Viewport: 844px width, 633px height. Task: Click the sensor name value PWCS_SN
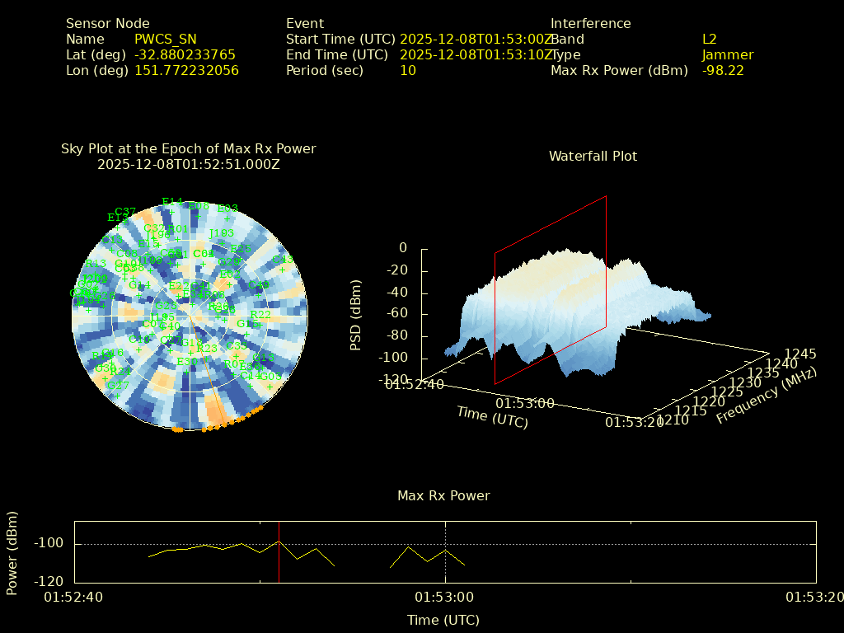166,39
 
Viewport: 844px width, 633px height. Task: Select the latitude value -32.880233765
185,54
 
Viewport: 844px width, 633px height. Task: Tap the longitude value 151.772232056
186,70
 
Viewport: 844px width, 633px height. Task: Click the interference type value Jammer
728,54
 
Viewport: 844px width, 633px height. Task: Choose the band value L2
710,39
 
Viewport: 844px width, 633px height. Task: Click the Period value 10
408,70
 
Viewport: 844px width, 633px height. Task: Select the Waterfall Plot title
593,156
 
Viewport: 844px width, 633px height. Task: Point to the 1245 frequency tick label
800,354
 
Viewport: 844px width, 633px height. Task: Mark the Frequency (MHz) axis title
767,396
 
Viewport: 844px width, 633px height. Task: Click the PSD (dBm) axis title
356,314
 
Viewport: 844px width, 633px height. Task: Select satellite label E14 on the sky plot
172,202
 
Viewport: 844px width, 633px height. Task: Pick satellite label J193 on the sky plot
222,233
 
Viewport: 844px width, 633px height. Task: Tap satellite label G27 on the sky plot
118,386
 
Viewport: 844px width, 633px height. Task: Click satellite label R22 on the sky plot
260,315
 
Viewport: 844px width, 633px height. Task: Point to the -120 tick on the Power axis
49,580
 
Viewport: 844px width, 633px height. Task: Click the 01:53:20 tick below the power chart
814,597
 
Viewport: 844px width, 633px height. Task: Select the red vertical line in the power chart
279,552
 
